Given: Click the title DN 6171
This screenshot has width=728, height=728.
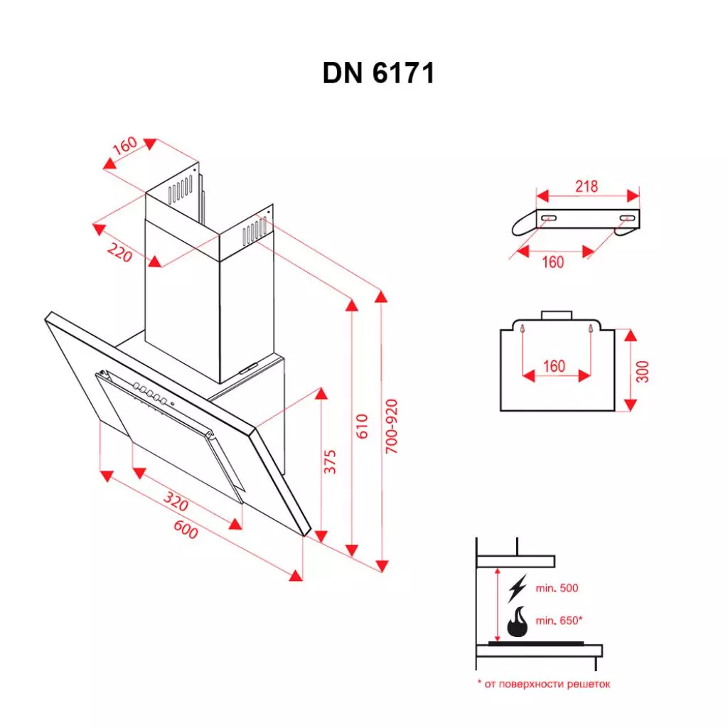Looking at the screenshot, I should [378, 73].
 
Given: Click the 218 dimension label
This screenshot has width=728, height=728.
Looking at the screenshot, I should [587, 186].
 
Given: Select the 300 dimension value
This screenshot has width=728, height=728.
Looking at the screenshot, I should [643, 370].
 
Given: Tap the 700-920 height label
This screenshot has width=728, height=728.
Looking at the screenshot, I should [392, 427].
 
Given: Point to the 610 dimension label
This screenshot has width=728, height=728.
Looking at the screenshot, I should [363, 425].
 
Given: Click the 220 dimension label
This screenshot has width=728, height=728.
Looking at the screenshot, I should [119, 251].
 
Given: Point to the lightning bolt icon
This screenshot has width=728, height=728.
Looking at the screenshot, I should [518, 589].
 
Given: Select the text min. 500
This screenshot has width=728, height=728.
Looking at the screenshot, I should [557, 589].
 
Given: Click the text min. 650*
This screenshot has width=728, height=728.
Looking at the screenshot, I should [560, 621].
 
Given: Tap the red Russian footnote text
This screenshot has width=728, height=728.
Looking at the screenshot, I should [543, 684].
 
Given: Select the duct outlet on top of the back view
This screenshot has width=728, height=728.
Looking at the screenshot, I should [557, 315].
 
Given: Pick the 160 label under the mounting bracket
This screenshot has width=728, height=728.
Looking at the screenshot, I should [552, 262].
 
